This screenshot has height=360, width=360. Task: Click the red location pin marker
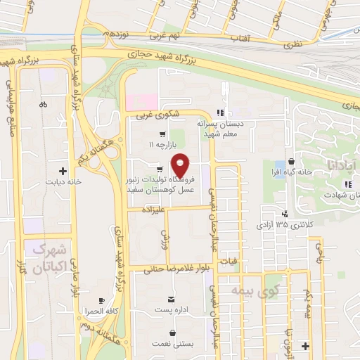click(x=180, y=165)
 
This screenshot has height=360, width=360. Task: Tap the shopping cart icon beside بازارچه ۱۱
click(x=162, y=134)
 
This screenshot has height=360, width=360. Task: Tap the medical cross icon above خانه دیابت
click(x=64, y=171)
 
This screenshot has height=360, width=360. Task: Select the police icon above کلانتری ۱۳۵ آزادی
click(x=284, y=214)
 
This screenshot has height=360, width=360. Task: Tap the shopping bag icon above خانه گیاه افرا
click(x=291, y=162)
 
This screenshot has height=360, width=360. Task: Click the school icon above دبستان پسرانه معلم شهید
click(x=220, y=112)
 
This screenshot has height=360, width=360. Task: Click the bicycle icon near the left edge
click(x=44, y=105)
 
